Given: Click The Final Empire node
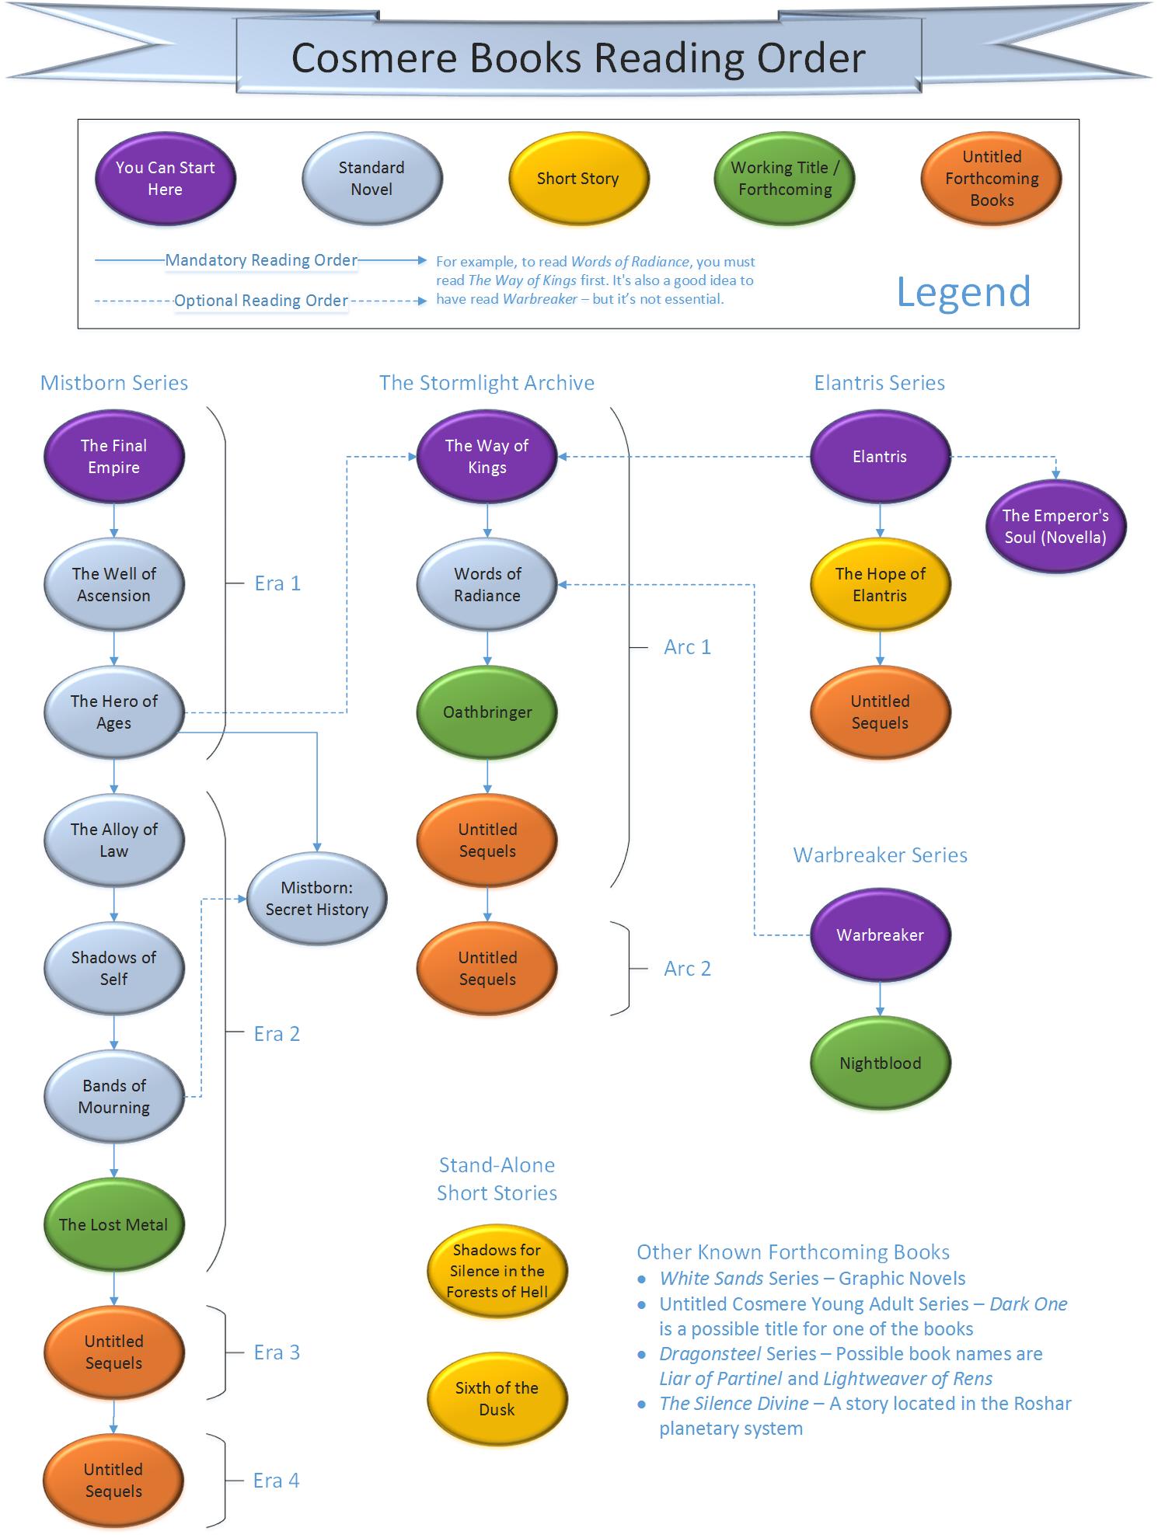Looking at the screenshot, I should [x=113, y=457].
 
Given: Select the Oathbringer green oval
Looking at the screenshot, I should [x=487, y=712].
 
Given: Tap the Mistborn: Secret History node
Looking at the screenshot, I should [x=316, y=899].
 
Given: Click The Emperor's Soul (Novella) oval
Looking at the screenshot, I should [x=1055, y=527].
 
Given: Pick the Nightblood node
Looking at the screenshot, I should [x=880, y=1063].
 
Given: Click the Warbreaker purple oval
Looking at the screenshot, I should [x=880, y=935].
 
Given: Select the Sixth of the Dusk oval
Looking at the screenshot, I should [x=497, y=1398].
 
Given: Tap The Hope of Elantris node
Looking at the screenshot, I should [x=880, y=585].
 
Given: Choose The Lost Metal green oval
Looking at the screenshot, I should [x=113, y=1225].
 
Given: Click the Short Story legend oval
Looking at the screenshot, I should [x=577, y=179].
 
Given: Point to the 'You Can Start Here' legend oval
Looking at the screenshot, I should [x=165, y=179].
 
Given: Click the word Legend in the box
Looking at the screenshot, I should [x=963, y=292].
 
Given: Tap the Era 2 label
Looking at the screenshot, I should [x=277, y=1034].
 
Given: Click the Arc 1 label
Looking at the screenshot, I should [x=687, y=647].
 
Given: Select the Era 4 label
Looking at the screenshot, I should [x=276, y=1481].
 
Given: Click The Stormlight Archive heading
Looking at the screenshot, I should [x=487, y=383].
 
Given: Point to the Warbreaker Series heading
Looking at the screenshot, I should [x=880, y=855].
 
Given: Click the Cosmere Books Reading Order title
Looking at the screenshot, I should [x=578, y=58].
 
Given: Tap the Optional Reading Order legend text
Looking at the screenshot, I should [x=260, y=301].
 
